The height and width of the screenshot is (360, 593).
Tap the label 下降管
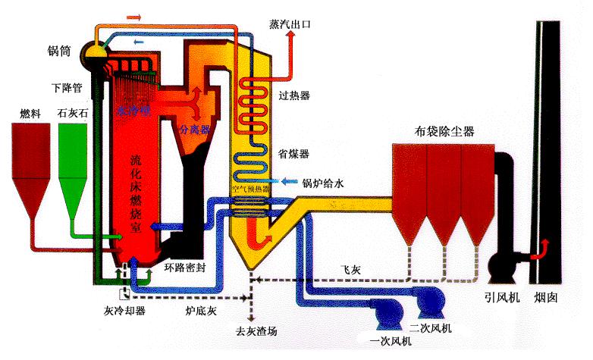click(67, 87)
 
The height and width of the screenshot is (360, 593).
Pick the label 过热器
click(294, 95)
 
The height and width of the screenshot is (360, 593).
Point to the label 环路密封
click(184, 268)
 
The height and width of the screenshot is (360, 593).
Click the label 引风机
click(502, 298)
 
